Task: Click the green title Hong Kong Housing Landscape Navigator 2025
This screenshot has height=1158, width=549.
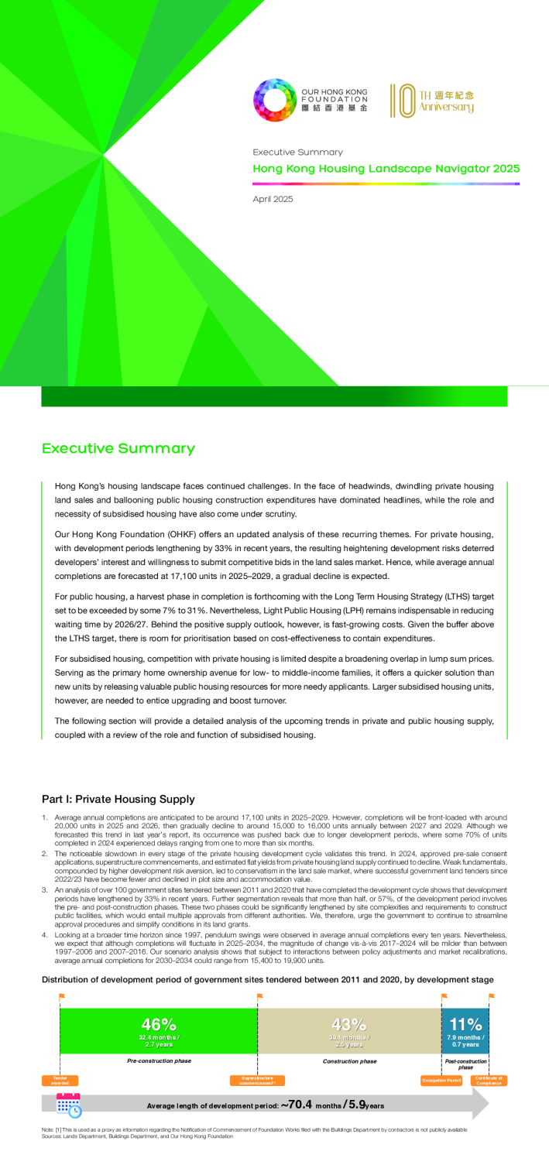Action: click(386, 169)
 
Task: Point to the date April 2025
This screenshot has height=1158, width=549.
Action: click(273, 200)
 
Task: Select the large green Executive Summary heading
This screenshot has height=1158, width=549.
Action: click(118, 449)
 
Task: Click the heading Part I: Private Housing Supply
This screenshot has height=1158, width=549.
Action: click(118, 799)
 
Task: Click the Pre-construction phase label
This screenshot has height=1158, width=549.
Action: click(159, 1060)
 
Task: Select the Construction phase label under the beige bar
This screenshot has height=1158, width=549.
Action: click(350, 1061)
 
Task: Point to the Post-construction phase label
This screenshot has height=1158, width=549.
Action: click(465, 1064)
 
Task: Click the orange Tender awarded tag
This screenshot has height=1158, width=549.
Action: click(60, 1080)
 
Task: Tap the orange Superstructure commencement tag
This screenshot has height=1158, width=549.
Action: click(257, 1080)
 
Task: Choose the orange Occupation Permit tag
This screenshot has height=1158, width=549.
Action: click(441, 1080)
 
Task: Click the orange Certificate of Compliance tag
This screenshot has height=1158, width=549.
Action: click(489, 1080)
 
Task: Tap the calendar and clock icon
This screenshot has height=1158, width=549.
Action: click(69, 1105)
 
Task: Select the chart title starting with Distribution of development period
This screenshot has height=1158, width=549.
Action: click(267, 979)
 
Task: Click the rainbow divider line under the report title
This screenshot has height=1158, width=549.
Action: click(386, 183)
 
